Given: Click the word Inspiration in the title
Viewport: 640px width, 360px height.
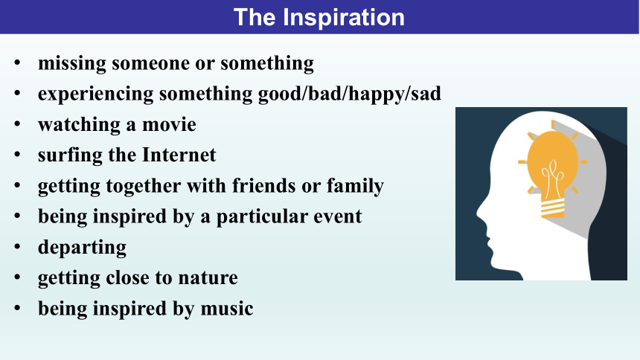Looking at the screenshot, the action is pyautogui.click(x=344, y=18).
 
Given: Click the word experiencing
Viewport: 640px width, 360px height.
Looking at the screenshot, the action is pyautogui.click(x=96, y=94).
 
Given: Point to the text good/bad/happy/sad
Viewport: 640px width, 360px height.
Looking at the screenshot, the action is pyautogui.click(x=350, y=94).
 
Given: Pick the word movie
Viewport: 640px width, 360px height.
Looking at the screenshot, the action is pyautogui.click(x=169, y=124).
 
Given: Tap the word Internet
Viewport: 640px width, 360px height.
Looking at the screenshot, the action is pyautogui.click(x=179, y=155).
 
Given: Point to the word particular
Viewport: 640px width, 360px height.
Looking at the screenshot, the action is pyautogui.click(x=262, y=217).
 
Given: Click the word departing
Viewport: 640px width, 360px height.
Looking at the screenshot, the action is pyautogui.click(x=82, y=248).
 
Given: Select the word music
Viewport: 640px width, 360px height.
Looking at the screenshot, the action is pyautogui.click(x=227, y=309).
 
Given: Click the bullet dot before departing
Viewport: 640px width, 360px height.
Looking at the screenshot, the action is pyautogui.click(x=17, y=246).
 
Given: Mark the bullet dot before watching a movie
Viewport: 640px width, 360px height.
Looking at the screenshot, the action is pyautogui.click(x=17, y=123).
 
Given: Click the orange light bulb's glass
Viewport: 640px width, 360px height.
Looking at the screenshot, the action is pyautogui.click(x=553, y=164).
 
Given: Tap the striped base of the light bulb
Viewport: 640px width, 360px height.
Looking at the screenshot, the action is pyautogui.click(x=553, y=208).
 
